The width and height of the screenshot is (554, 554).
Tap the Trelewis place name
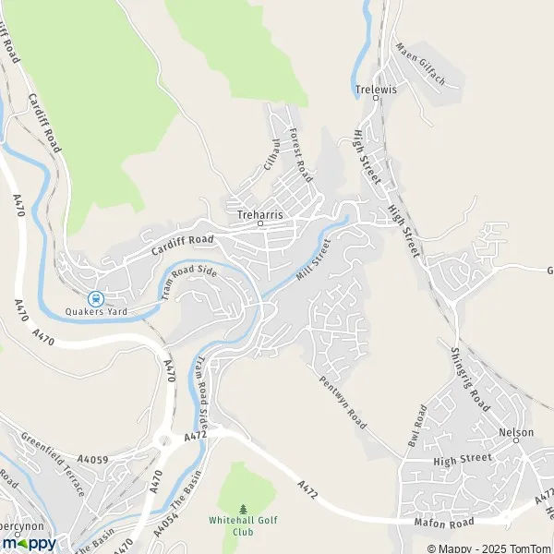pos(375,90)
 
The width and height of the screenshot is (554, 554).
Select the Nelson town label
pos(517,432)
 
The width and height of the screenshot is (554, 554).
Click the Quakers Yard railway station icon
pos(95,298)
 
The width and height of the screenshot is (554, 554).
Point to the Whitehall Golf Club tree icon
pos(244,509)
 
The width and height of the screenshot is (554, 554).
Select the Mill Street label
pos(313,261)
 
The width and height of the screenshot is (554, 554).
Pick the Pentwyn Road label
pos(343,395)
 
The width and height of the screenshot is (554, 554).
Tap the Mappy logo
pos(29,543)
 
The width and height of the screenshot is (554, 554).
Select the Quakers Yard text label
pos(95,312)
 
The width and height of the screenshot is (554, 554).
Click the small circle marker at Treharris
pos(260,223)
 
